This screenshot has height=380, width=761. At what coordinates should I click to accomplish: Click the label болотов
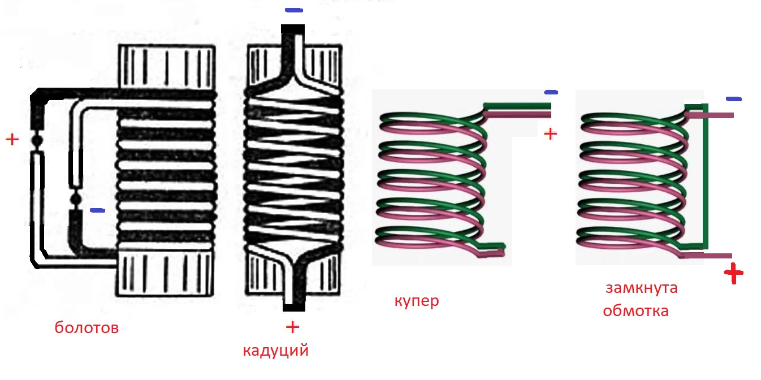[87, 328]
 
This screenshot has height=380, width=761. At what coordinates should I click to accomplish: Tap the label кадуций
[275, 351]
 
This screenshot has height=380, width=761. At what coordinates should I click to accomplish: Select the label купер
[416, 301]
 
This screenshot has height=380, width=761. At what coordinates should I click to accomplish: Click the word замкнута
[641, 288]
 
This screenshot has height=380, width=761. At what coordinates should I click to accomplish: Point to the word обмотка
[635, 310]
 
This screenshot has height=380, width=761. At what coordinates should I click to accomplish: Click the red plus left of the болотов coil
[11, 139]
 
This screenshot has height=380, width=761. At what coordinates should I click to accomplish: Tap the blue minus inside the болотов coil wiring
[97, 210]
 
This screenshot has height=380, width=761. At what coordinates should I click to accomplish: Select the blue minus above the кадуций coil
[293, 10]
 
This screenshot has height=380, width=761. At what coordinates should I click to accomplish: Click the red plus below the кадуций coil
[292, 327]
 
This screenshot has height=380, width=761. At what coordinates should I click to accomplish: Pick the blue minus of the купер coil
[550, 92]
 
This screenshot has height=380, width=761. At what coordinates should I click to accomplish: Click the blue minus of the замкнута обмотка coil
[733, 99]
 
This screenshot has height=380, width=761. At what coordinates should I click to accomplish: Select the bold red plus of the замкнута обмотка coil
[734, 274]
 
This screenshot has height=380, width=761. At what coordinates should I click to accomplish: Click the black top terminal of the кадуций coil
[292, 29]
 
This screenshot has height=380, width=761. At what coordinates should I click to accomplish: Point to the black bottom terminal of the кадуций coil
[293, 307]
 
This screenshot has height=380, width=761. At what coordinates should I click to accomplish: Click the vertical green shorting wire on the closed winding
[704, 175]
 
